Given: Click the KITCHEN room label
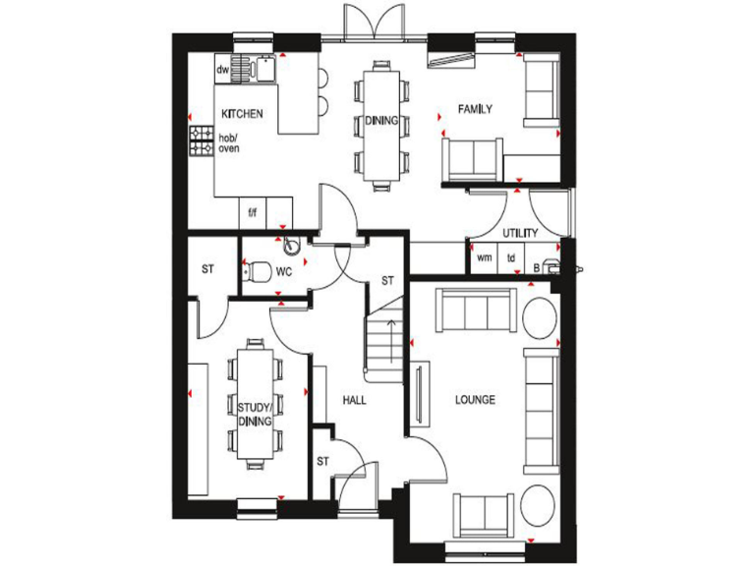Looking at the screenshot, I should click(242, 114).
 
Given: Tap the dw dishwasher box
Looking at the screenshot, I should click(223, 71).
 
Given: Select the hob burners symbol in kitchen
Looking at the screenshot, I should click(202, 142).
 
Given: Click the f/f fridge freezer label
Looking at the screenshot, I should click(253, 212).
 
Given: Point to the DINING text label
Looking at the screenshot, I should click(380, 122).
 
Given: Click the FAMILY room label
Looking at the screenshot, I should click(475, 109).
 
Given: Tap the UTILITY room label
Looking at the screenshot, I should click(520, 234).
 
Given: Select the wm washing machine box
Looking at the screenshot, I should click(484, 257).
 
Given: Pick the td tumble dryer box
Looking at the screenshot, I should click(511, 257).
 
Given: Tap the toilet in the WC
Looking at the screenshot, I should click(258, 269).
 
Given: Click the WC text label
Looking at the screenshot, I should click(284, 270).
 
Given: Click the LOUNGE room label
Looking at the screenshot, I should click(475, 400).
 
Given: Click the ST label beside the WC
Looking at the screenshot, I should click(207, 269).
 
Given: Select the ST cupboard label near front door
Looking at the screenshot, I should click(322, 461).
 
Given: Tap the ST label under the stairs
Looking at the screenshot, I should click(387, 281).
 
